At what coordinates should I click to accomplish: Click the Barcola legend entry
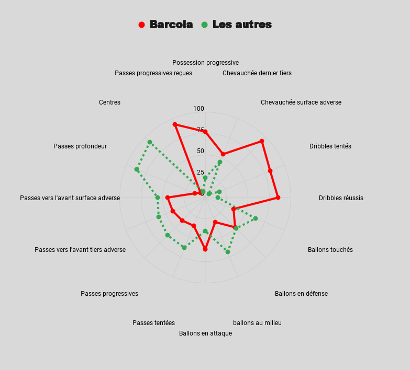(171, 25)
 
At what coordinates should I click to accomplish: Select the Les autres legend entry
(241, 25)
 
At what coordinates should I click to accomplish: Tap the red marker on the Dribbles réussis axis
(278, 198)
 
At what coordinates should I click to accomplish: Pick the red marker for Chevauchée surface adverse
(262, 141)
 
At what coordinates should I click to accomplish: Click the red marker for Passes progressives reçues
(175, 124)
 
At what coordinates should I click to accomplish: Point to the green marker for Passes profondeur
(137, 169)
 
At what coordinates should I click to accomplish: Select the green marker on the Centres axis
(150, 142)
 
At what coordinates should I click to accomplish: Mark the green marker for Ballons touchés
(256, 218)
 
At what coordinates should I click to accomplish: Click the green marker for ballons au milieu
(228, 252)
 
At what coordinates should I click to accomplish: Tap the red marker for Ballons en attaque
(205, 249)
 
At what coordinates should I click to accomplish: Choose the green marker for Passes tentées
(184, 247)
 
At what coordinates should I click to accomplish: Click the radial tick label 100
(198, 109)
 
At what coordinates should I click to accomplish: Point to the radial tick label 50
(201, 151)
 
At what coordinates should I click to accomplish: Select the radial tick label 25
(201, 172)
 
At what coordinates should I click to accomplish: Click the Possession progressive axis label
(205, 63)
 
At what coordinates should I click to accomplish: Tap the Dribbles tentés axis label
(330, 146)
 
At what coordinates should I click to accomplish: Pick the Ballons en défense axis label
(301, 294)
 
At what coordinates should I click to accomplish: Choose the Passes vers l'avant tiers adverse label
(80, 250)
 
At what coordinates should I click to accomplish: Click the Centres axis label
(109, 102)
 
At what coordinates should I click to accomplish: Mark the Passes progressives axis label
(109, 294)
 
